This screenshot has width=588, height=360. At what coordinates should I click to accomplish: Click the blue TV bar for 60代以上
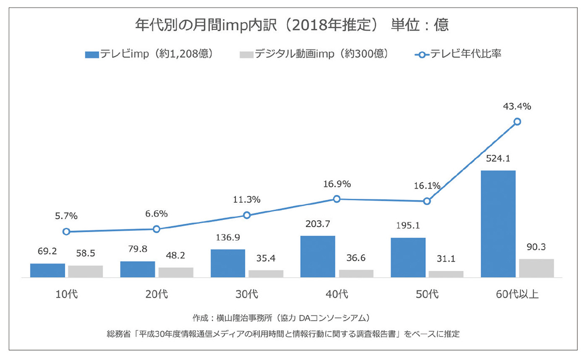pos(498,224)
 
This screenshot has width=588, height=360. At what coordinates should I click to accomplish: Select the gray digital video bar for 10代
pos(85,271)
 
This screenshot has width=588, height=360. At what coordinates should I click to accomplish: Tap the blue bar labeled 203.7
pos(318,257)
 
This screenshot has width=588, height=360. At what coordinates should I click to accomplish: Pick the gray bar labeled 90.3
pos(536,268)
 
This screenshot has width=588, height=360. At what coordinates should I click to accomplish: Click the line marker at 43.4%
pos(517,121)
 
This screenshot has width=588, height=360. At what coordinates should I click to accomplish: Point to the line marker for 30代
pos(247,215)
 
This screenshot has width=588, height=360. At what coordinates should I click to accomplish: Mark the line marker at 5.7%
pos(67,232)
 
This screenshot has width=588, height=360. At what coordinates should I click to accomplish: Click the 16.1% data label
pos(427,186)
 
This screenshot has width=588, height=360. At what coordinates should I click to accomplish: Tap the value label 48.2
pos(175,256)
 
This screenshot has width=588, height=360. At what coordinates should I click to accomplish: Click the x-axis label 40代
pos(337,294)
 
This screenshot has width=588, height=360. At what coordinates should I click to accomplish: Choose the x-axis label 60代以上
pos(517,294)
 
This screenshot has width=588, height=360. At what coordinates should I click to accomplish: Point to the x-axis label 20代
pos(156,294)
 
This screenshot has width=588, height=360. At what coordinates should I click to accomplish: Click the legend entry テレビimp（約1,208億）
pos(149,54)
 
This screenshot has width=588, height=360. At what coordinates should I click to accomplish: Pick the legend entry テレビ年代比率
pos(459,54)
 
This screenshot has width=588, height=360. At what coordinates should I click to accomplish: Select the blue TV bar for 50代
pos(408,258)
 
